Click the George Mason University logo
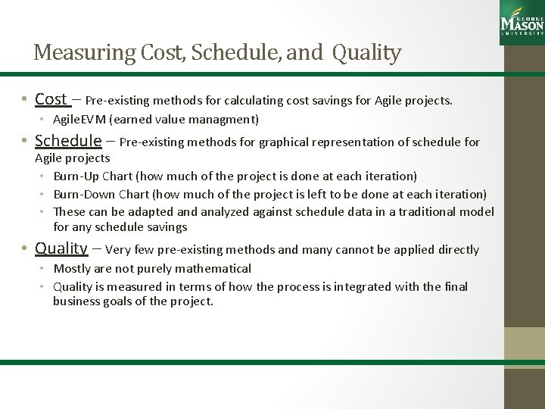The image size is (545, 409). [x=522, y=20]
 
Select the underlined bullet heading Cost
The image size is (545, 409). [x=51, y=100]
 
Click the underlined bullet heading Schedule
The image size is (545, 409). [x=69, y=140]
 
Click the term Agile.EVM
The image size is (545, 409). [x=80, y=119]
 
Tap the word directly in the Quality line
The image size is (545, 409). [x=456, y=249]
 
